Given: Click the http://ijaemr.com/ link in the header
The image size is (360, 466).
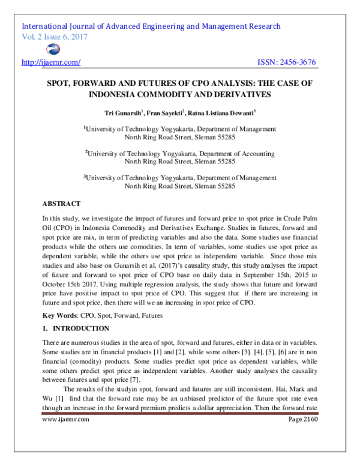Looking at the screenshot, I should point(51,62).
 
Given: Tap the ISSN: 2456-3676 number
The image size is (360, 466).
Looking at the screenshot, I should point(286,62).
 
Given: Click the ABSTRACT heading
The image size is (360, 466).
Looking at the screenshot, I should point(61,204).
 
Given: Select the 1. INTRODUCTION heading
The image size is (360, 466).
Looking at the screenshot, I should point(76,328).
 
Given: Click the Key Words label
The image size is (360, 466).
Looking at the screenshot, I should point(59,316).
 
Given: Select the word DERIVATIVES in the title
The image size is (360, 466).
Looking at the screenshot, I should point(240,95).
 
